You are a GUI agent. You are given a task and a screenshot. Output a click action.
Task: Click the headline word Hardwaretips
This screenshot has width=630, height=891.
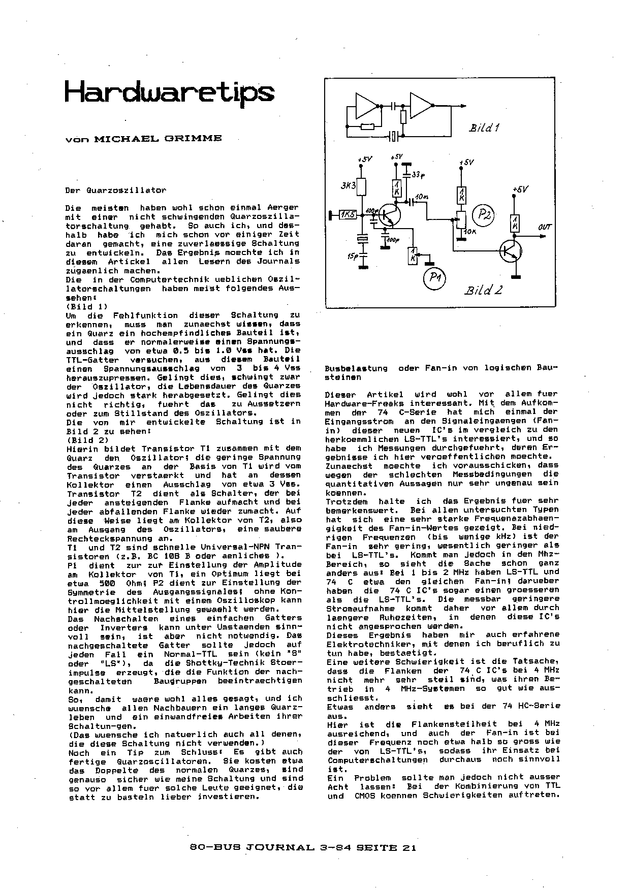(x=169, y=93)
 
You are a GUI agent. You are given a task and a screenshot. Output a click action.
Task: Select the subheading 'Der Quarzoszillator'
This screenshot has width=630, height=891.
(x=115, y=190)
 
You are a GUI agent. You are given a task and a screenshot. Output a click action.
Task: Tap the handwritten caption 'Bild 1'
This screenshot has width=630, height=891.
(x=484, y=128)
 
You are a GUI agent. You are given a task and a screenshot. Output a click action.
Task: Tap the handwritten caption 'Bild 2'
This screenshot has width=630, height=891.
(x=483, y=290)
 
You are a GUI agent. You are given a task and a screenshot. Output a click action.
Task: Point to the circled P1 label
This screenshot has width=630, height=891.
(x=434, y=278)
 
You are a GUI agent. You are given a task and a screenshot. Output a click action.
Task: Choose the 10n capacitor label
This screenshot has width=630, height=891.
(x=421, y=196)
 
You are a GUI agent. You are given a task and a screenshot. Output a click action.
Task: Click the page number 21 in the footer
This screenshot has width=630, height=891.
(x=408, y=847)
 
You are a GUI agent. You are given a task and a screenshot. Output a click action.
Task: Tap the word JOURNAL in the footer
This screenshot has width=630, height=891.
(x=276, y=847)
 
